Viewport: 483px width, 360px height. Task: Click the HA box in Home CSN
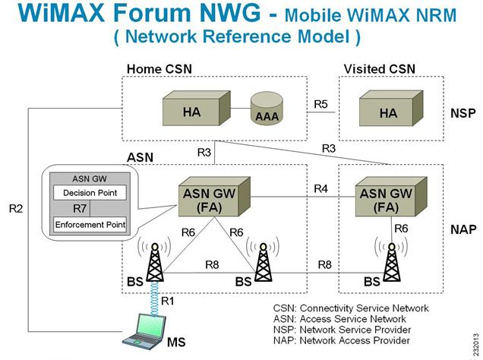(193, 111)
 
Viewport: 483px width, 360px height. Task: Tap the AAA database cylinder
(266, 113)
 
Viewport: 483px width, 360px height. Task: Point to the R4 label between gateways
(321, 188)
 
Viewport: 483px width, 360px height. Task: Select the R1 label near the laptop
(167, 302)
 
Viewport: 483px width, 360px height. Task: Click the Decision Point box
(90, 193)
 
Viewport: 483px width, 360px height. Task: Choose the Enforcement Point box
(90, 224)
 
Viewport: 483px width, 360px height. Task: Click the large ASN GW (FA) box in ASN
(211, 199)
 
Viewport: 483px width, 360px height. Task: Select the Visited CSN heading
(380, 69)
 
